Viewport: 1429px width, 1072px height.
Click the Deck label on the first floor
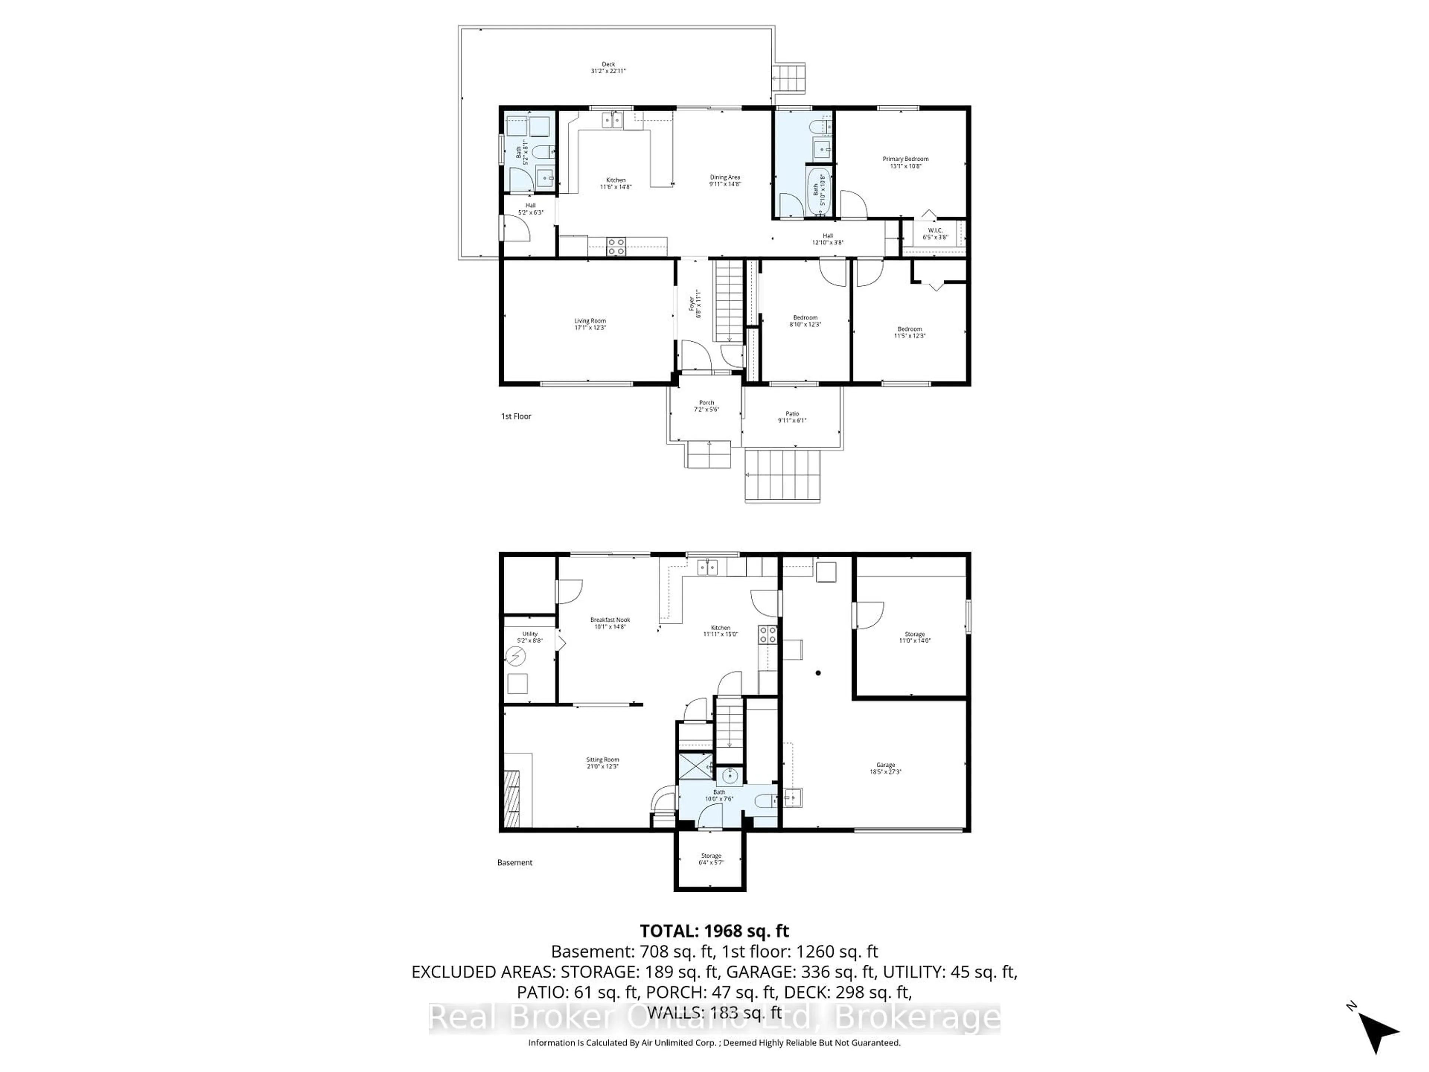tap(608, 64)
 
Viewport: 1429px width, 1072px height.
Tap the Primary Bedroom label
tap(905, 159)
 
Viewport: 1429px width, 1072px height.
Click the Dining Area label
tap(725, 177)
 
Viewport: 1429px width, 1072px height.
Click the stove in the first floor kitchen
tap(616, 246)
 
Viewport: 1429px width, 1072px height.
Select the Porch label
tap(706, 403)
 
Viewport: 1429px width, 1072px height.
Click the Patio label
tap(792, 414)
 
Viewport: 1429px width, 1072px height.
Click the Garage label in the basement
tap(885, 765)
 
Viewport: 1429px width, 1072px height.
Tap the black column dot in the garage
tap(818, 673)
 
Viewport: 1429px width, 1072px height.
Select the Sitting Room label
tap(602, 760)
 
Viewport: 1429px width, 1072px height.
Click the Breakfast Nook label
tap(610, 620)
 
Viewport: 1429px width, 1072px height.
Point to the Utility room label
tap(530, 634)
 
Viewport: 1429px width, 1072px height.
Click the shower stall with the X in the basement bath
tap(694, 766)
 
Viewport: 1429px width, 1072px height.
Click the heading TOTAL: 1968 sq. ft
tap(714, 931)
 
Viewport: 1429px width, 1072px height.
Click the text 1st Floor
tap(515, 416)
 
